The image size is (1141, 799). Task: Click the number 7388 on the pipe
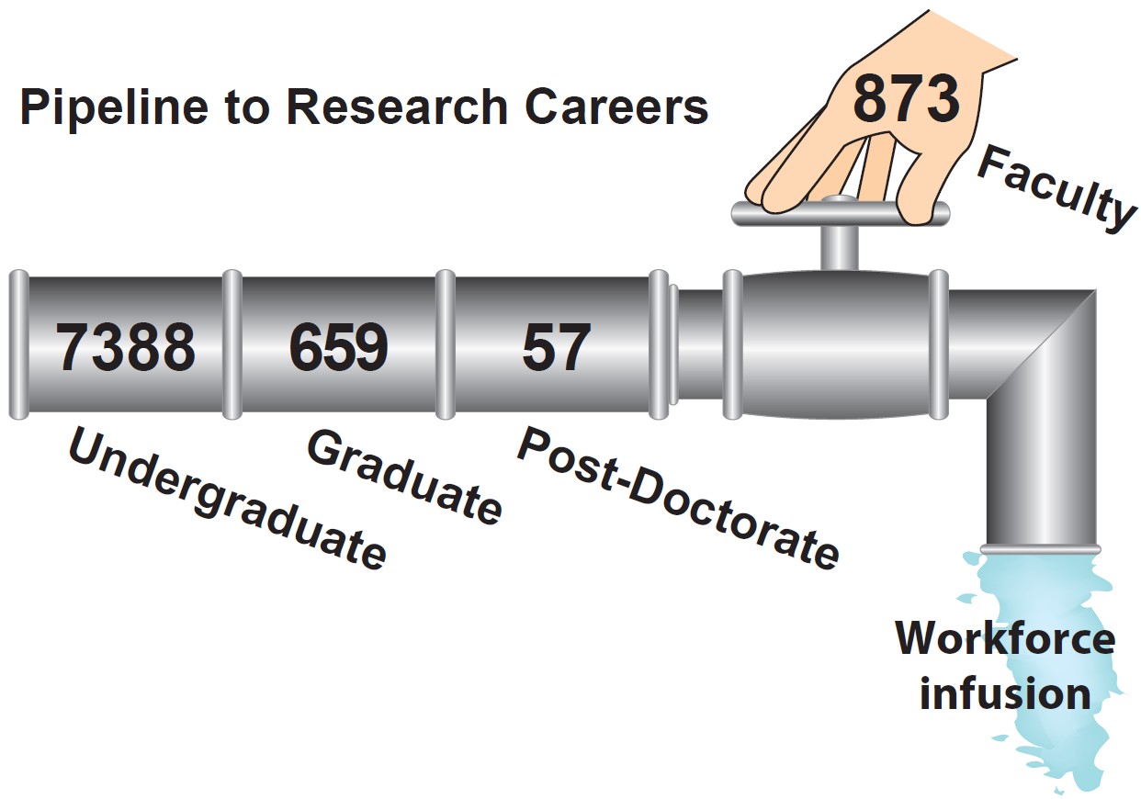126,349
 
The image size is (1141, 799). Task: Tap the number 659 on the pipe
339,349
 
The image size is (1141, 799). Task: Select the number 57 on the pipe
556,349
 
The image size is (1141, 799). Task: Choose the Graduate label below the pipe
404,476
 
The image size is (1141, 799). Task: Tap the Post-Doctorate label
678,497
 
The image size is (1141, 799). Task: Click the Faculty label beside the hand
1055,188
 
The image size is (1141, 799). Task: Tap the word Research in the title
396,108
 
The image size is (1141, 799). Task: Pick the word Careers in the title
616,108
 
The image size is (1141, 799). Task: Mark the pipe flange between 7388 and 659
232,344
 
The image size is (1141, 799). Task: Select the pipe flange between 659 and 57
445,344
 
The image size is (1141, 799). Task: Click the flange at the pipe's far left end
18,344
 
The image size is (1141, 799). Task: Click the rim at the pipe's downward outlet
1039,549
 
